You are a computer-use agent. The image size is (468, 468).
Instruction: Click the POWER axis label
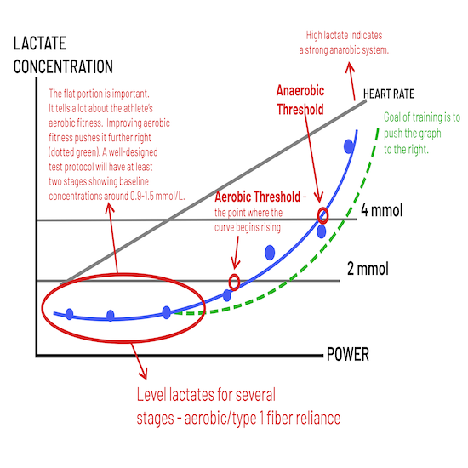[x=348, y=354]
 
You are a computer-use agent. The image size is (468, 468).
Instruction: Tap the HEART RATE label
[x=389, y=94]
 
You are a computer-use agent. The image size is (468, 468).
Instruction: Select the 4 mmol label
[x=381, y=210]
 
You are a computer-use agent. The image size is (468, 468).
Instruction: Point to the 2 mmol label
[x=368, y=269]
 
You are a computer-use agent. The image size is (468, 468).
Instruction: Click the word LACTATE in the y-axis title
[x=40, y=43]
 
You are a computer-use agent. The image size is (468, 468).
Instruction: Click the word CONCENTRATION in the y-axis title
[x=63, y=66]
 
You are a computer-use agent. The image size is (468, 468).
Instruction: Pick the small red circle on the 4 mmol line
[x=322, y=215]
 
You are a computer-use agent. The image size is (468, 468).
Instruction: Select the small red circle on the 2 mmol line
[x=234, y=282]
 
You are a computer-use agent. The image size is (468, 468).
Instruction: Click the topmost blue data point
[x=349, y=146]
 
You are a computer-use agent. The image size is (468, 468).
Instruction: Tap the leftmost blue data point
[x=69, y=314]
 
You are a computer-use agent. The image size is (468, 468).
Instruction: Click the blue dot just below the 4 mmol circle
[x=321, y=231]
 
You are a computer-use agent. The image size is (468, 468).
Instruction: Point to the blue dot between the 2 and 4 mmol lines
[x=270, y=253]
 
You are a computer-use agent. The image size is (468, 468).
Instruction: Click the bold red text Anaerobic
[x=300, y=90]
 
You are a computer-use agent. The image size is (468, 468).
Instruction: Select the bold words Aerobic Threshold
[x=257, y=197]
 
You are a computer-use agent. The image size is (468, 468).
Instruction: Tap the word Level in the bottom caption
[x=151, y=395]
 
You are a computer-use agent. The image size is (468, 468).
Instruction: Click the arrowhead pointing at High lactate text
[x=350, y=67]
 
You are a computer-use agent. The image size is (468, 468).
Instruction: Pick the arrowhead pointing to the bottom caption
[x=143, y=374]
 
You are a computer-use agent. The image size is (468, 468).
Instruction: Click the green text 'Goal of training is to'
[x=422, y=117]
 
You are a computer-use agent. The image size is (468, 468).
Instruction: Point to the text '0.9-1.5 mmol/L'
[x=157, y=196]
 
